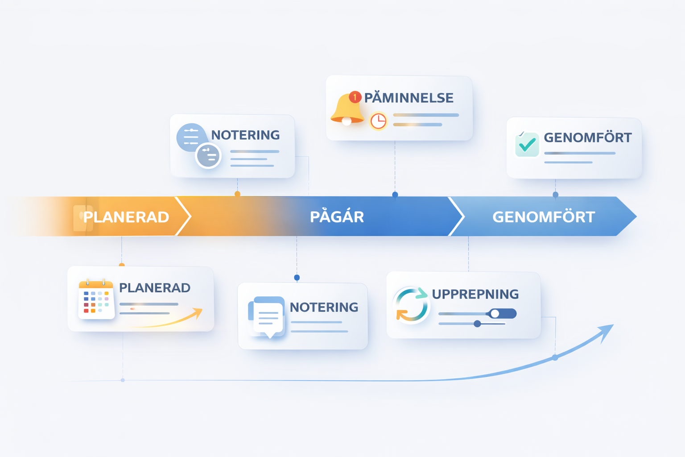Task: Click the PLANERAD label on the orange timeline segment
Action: pos(126,217)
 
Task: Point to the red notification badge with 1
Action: pos(355,97)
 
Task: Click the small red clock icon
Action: pos(378,121)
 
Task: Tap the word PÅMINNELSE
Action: pos(409,97)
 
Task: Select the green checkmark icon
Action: pos(527,144)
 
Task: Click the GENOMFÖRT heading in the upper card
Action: pos(587,137)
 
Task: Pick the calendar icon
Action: pos(96,299)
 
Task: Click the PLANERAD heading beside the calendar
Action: pos(155,288)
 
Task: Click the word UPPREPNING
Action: pos(475,294)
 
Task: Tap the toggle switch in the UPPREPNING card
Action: pos(502,313)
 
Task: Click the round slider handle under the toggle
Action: pos(477,324)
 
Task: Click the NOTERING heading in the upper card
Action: pos(245,135)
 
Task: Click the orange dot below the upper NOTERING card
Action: pos(237,194)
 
